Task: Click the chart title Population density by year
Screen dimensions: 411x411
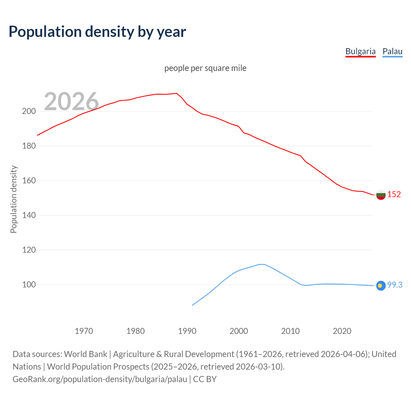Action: click(97, 32)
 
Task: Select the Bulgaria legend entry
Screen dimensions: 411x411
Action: click(360, 51)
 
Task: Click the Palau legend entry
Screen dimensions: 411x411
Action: click(392, 51)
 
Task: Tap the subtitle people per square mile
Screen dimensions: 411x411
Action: click(205, 68)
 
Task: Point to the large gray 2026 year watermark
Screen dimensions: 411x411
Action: click(71, 101)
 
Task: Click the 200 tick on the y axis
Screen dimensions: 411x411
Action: click(29, 111)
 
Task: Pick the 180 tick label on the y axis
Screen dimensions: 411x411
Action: click(29, 146)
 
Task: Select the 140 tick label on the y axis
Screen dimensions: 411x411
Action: click(29, 215)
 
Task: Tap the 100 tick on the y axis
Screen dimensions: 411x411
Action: click(29, 285)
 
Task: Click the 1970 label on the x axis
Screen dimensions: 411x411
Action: click(84, 331)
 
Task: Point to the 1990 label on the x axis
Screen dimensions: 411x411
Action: click(187, 331)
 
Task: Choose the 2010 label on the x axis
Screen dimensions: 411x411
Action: click(290, 331)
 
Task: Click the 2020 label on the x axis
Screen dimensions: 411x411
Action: click(342, 331)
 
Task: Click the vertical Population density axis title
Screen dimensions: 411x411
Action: click(13, 199)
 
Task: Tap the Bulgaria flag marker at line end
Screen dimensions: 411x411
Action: click(381, 195)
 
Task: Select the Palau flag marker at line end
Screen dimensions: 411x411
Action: click(381, 285)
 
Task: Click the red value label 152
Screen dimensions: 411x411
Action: click(394, 194)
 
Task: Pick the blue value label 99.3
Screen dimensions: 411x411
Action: click(395, 285)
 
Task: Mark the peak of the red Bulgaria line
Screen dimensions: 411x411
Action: click(177, 93)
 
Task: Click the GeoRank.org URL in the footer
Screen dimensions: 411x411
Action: click(100, 379)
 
